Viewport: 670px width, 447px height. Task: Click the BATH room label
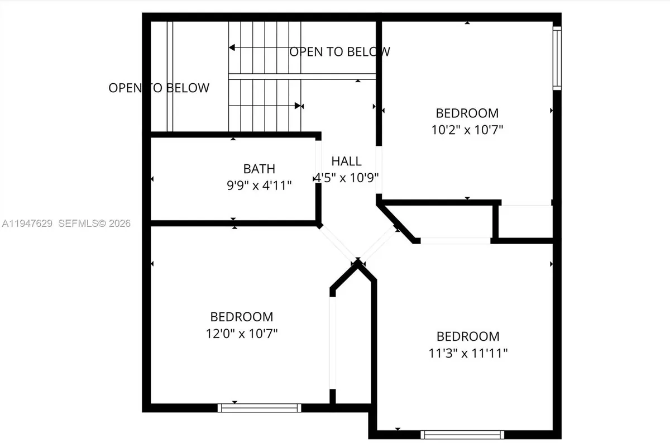coord(259,168)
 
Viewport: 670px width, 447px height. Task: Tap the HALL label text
coord(346,161)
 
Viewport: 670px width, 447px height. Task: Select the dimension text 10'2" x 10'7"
coord(467,130)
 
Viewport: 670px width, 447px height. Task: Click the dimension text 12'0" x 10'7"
coord(241,334)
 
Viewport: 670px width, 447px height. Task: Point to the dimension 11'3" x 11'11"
coord(467,353)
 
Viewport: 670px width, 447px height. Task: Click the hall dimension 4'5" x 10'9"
coord(346,178)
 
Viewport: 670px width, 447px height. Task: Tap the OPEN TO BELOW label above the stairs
coord(339,52)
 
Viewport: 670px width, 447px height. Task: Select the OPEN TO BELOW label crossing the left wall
coord(159,88)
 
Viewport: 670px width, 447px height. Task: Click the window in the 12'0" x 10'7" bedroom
coord(259,408)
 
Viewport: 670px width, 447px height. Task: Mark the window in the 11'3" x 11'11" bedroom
coord(462,434)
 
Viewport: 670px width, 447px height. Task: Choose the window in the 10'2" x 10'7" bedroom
coord(557,58)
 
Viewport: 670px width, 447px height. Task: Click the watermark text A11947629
coord(27,223)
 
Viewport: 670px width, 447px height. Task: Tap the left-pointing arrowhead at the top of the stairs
coord(231,49)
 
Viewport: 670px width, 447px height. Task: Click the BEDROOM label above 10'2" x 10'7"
coord(467,113)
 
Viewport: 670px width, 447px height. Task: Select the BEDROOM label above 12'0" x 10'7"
coord(241,317)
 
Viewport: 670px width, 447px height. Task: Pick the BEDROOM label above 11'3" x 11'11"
coord(467,336)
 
